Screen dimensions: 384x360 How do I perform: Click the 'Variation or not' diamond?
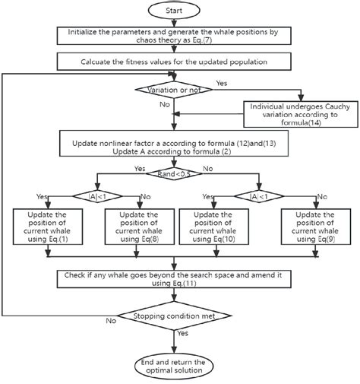click(x=173, y=90)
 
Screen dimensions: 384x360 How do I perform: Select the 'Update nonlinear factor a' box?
click(x=180, y=141)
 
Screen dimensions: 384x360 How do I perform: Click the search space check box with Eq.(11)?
click(x=180, y=279)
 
